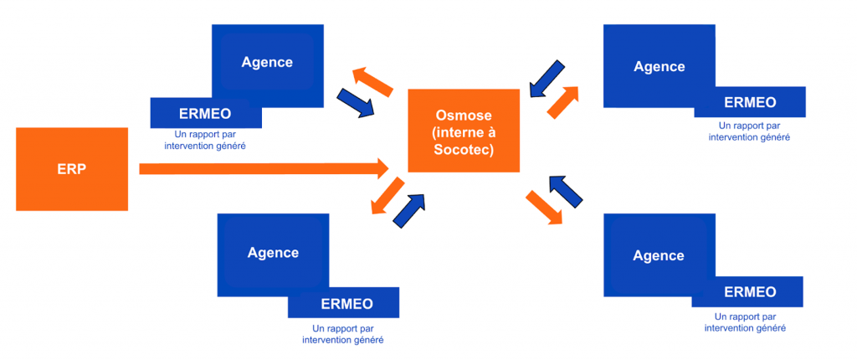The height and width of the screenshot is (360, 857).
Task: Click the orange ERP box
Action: pyautogui.click(x=72, y=168)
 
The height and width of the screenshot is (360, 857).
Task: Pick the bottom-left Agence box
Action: pyautogui.click(x=272, y=251)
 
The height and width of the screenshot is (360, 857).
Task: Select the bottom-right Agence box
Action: pyautogui.click(x=659, y=255)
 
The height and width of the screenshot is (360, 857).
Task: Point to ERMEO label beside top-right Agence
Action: pyautogui.click(x=750, y=102)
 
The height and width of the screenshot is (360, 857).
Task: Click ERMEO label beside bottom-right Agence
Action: pyautogui.click(x=749, y=291)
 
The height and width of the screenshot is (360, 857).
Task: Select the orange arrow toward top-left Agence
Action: pyautogui.click(x=372, y=82)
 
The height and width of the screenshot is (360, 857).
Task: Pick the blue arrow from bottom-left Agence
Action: pyautogui.click(x=409, y=210)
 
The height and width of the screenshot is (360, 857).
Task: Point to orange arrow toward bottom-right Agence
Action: pyautogui.click(x=544, y=207)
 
